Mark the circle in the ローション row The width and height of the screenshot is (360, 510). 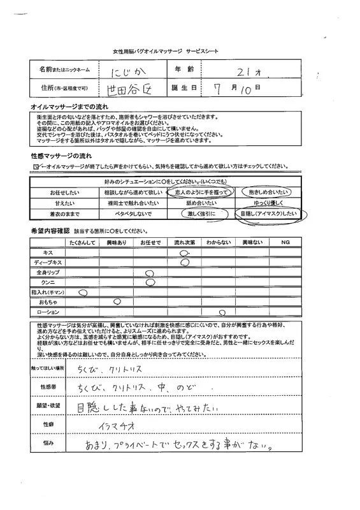click(x=222, y=312)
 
